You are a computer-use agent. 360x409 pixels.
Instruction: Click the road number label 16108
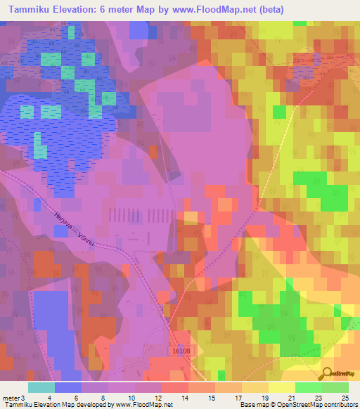(181, 350)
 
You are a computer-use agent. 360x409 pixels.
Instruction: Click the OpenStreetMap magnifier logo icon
(327, 373)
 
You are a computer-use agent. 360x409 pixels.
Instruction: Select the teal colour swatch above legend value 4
(41, 387)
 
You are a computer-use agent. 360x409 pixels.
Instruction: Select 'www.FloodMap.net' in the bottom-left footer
(143, 405)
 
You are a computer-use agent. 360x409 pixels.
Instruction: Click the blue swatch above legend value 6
(67, 387)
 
